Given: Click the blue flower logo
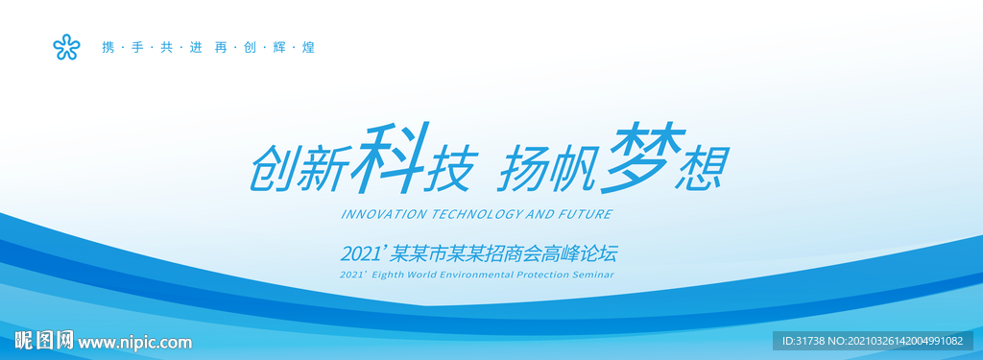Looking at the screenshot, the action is pyautogui.click(x=66, y=47).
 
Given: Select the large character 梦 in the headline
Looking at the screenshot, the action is pyautogui.click(x=641, y=159).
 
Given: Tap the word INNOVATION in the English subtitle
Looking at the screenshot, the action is pyautogui.click(x=383, y=214).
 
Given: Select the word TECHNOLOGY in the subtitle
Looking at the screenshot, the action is pyautogui.click(x=474, y=214).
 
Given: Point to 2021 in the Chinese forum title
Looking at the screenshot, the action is pyautogui.click(x=360, y=254).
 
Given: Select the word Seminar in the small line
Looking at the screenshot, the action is pyautogui.click(x=599, y=275).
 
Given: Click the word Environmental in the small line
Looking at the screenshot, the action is pyautogui.click(x=481, y=275).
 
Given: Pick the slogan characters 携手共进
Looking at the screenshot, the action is pyautogui.click(x=152, y=48).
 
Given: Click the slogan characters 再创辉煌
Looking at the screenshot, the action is pyautogui.click(x=264, y=48).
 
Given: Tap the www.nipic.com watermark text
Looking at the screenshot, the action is pyautogui.click(x=134, y=343).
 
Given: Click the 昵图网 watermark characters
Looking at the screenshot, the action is pyautogui.click(x=44, y=341).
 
